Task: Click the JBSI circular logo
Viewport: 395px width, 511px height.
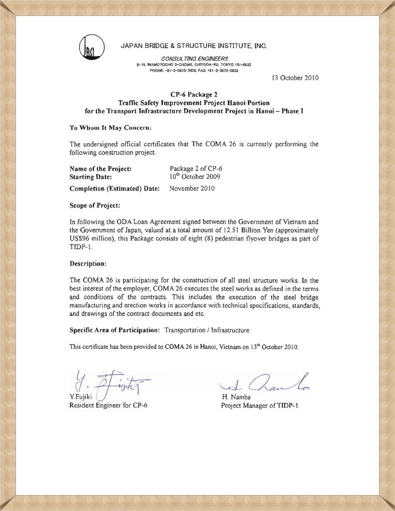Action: point(91,49)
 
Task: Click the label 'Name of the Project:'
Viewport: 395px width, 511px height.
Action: point(100,169)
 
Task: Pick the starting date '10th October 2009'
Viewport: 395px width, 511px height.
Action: point(195,176)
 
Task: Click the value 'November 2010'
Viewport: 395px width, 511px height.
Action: point(192,189)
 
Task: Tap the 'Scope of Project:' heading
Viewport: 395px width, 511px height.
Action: point(95,205)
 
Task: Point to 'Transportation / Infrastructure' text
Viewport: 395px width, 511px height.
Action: point(207,330)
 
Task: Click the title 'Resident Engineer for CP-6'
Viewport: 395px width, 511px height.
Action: point(108,405)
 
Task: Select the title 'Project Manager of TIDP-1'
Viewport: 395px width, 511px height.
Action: point(260,405)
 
